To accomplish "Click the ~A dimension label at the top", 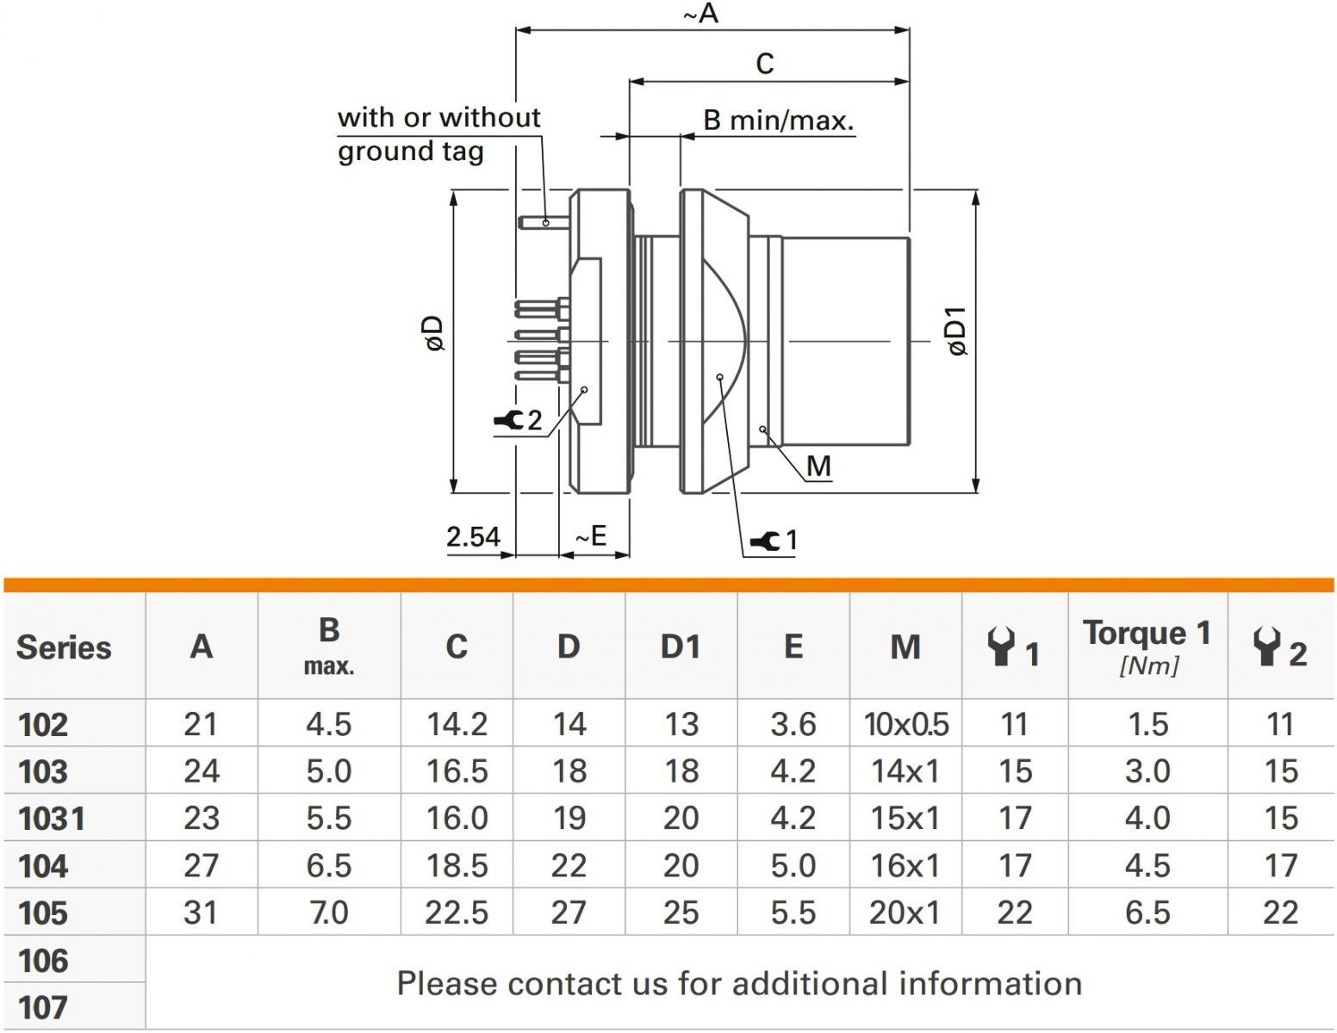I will click(700, 14).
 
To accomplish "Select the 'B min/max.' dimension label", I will click(778, 121).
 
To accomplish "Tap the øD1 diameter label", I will click(957, 331).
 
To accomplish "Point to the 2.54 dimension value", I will click(473, 537).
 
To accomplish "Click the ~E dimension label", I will click(592, 536).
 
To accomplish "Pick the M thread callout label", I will click(818, 467).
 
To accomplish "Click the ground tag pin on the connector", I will click(544, 222).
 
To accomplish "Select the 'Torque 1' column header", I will click(1147, 634).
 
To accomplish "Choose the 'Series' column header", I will click(64, 647).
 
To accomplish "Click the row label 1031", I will click(52, 819).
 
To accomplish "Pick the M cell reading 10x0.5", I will click(906, 725).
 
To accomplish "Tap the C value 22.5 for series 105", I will click(457, 912).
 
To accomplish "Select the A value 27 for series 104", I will click(201, 865).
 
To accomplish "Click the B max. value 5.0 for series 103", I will click(328, 771).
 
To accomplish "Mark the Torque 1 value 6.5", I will click(1147, 912).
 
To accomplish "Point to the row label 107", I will click(43, 1007).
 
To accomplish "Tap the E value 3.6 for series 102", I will click(793, 725).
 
